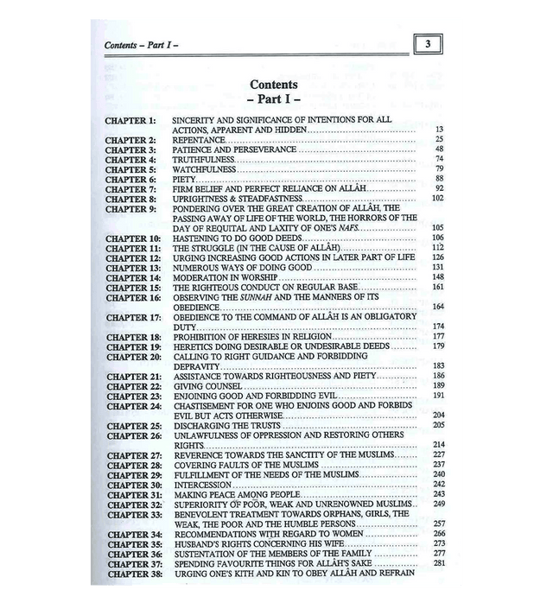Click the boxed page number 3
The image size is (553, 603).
(x=428, y=43)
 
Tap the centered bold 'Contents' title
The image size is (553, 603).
(x=273, y=85)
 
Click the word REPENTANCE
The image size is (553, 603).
(x=199, y=139)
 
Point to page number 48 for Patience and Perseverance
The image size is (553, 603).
(x=439, y=149)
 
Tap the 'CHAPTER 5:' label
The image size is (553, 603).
(x=130, y=169)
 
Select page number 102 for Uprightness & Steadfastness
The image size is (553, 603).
(x=437, y=199)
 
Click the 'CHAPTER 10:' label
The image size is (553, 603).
(x=131, y=238)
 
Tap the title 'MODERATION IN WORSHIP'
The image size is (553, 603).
(x=222, y=277)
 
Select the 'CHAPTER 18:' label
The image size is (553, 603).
(x=131, y=337)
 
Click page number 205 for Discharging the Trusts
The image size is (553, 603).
(x=437, y=426)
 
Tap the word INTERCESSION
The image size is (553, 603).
(x=204, y=485)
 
